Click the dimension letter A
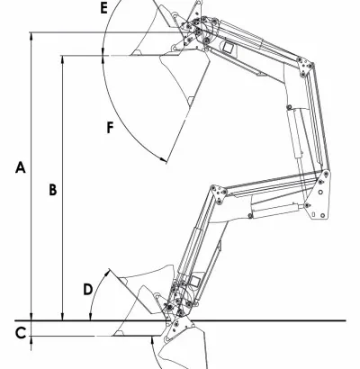(20, 167)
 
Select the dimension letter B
(53, 190)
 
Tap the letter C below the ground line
(21, 333)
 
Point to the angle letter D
(88, 290)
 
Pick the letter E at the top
(103, 8)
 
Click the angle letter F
(111, 128)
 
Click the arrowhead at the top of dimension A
(31, 36)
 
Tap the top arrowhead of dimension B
(62, 59)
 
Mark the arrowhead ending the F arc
(163, 160)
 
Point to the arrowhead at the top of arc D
(106, 273)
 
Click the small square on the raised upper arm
(229, 48)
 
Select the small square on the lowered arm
(195, 281)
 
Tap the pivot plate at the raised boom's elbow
(305, 66)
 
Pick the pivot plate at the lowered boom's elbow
(219, 194)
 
